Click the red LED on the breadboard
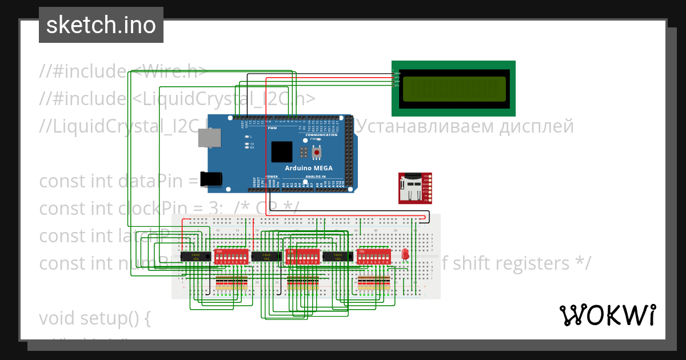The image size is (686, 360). (406, 254)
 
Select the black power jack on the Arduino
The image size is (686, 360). (210, 178)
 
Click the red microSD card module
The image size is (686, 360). (415, 187)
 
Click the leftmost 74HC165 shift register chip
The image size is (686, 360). (195, 257)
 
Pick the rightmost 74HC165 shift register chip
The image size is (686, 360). (337, 257)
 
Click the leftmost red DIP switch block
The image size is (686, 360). (231, 256)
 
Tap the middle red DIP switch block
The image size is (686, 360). (302, 256)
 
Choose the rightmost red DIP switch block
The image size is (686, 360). (373, 256)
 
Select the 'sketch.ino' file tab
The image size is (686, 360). (101, 25)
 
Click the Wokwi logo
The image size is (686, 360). (607, 315)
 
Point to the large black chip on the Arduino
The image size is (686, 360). (282, 151)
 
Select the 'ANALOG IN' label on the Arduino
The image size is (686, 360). (315, 177)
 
